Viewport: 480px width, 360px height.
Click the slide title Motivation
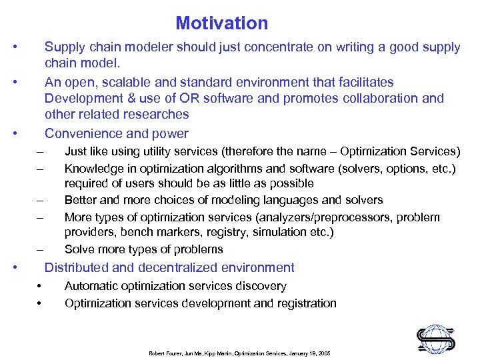pyautogui.click(x=221, y=24)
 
